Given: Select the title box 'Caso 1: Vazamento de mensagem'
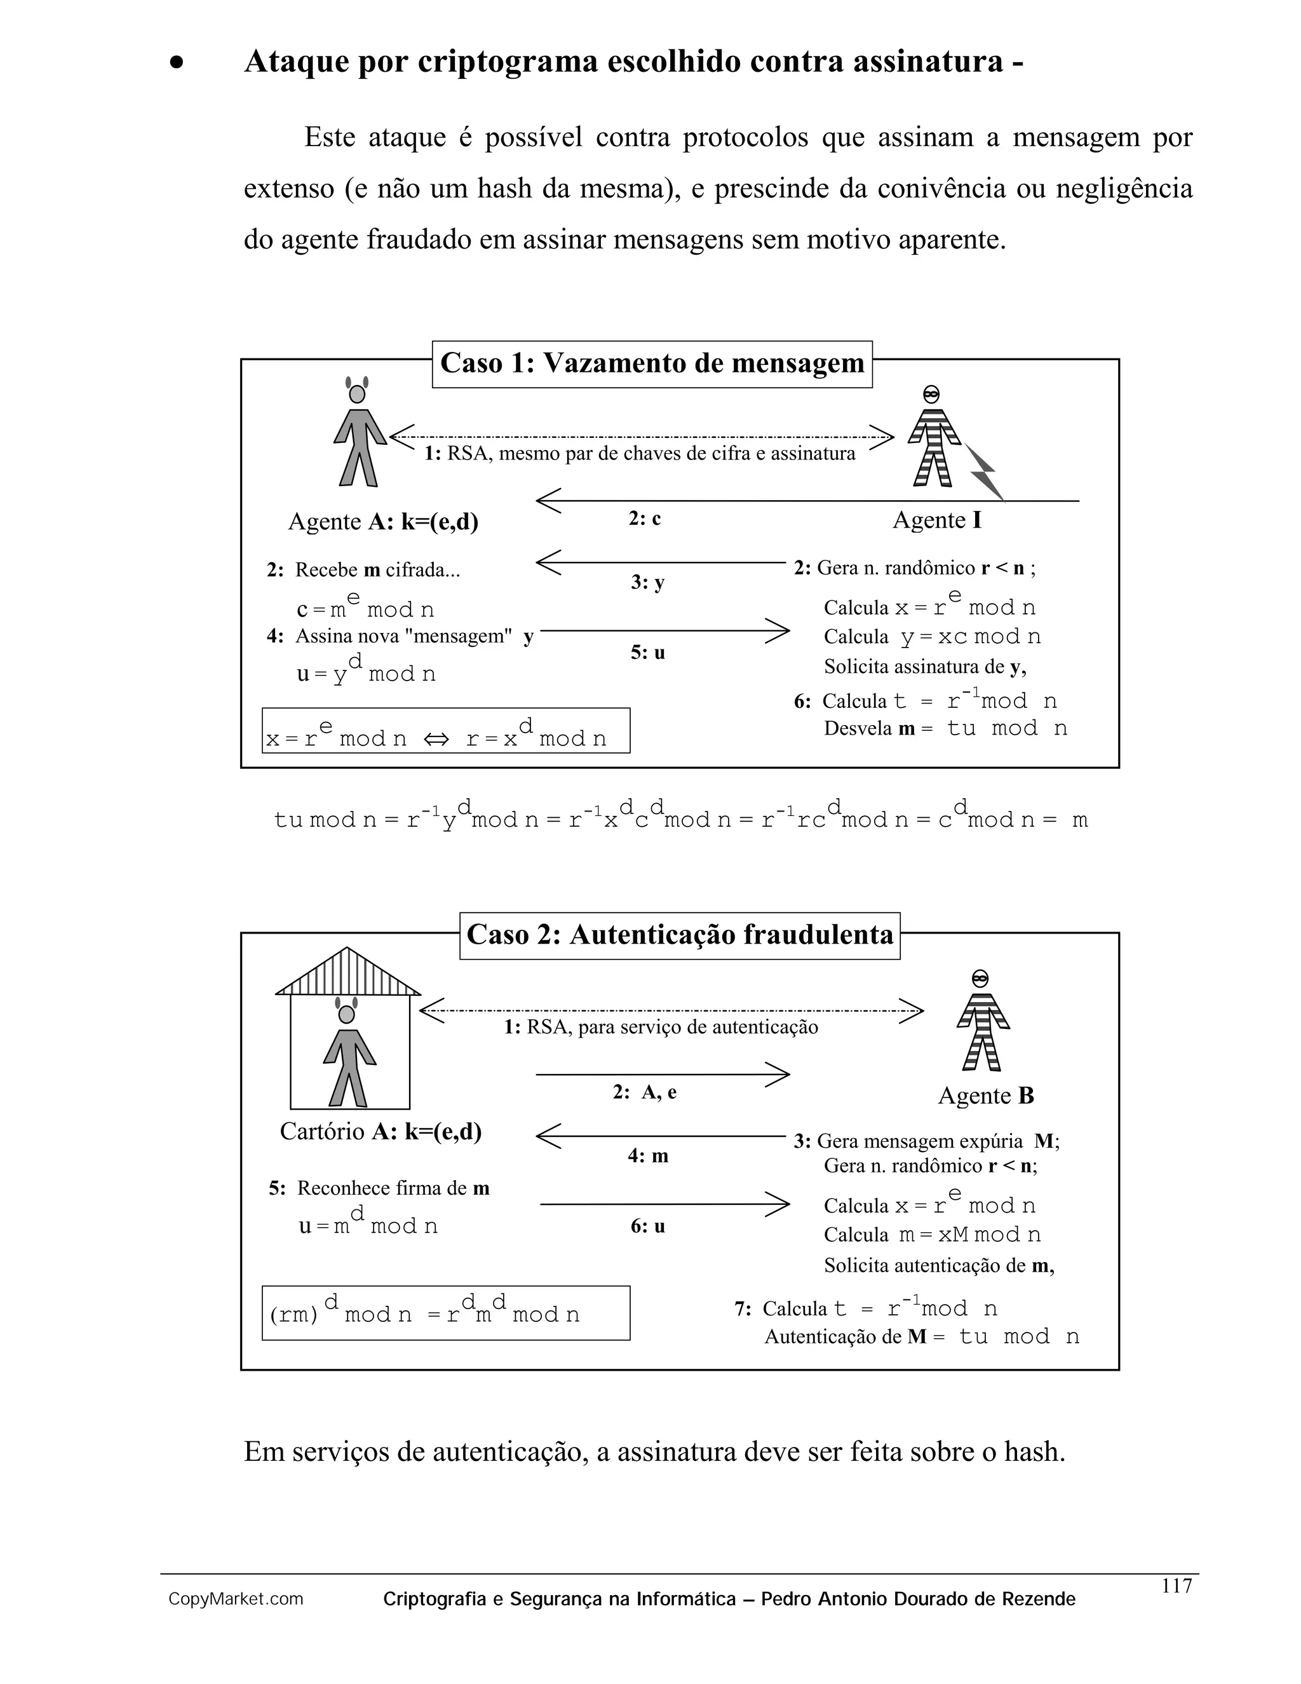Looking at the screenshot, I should pyautogui.click(x=652, y=363).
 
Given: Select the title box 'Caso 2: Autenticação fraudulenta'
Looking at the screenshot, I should pyautogui.click(x=680, y=935).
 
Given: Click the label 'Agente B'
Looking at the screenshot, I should pyautogui.click(x=986, y=1096).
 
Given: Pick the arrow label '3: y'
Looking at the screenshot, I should pyautogui.click(x=647, y=583).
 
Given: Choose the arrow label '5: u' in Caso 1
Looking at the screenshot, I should pyautogui.click(x=647, y=653).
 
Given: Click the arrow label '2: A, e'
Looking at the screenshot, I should pyautogui.click(x=645, y=1092).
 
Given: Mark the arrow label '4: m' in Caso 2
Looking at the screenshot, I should pyautogui.click(x=647, y=1156).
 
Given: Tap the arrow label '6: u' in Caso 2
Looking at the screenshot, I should pyautogui.click(x=647, y=1226).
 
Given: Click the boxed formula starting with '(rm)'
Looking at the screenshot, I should pyautogui.click(x=445, y=1313).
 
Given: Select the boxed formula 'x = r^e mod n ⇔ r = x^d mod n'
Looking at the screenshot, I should pyautogui.click(x=445, y=731).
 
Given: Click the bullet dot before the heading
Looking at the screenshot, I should pyautogui.click(x=177, y=63).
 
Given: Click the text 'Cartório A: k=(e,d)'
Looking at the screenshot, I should pyautogui.click(x=381, y=1131).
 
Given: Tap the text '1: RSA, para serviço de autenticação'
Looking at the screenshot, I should pyautogui.click(x=661, y=1027).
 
